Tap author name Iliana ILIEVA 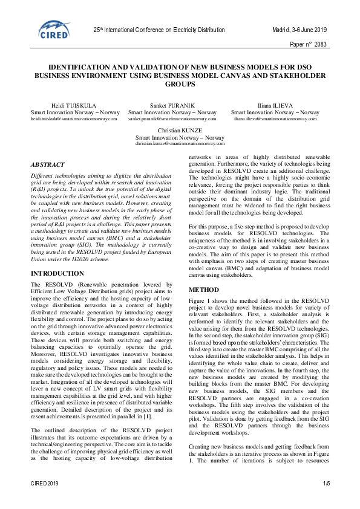coord(275,106)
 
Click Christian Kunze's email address coord(180,144)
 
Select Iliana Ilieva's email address coord(275,119)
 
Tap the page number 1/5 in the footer coord(326,484)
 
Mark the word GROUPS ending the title coord(180,85)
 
